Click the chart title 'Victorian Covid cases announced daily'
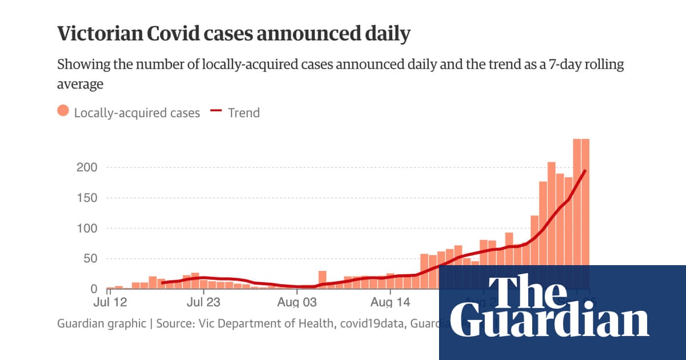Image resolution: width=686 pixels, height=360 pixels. (233, 34)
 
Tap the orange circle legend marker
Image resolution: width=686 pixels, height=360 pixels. (63, 112)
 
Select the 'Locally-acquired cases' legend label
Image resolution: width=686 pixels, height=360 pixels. (137, 113)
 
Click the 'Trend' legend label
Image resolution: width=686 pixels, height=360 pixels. (244, 113)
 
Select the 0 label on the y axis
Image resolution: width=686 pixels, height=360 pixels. (94, 289)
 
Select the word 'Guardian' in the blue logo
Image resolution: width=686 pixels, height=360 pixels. (554, 322)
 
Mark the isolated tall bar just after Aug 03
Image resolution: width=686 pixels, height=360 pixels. (322, 279)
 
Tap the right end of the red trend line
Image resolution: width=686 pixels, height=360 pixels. (585, 171)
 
